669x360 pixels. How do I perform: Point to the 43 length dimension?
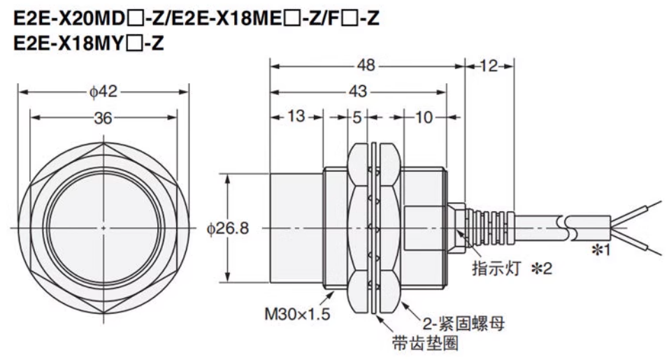pos(359,91)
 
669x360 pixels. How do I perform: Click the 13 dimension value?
pos(296,117)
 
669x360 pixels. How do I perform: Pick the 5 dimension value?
pos(357,117)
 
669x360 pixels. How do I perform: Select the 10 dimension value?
pos(424,117)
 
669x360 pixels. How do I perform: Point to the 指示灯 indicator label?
pos(494,268)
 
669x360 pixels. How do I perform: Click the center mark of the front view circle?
pos(103,229)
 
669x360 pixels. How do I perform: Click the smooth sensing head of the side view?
pos(298,227)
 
